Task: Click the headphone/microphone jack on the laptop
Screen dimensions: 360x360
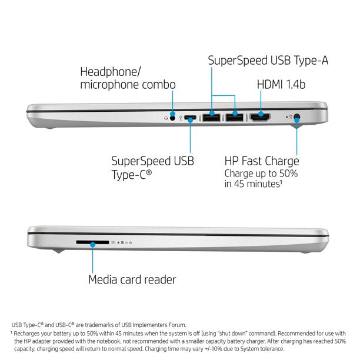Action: pos(172,118)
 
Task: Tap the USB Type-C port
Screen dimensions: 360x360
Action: pos(190,118)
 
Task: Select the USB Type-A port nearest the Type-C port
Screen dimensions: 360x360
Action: pos(211,118)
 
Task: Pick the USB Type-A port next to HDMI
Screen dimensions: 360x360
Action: pos(235,117)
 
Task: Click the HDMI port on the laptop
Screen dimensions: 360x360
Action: pos(260,117)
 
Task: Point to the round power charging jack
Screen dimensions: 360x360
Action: pos(297,116)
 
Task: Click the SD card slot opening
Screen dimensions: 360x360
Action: pos(92,242)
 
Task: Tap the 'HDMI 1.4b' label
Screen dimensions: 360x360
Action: pos(281,85)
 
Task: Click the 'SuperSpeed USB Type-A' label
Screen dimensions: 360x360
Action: pos(268,61)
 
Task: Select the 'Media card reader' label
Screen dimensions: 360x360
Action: pos(132,279)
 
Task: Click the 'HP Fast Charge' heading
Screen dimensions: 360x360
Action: pos(262,161)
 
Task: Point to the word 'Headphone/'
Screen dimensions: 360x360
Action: pos(110,72)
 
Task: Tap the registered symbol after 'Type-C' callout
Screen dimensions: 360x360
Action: pos(149,172)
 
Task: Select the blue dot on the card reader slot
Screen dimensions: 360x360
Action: pos(92,245)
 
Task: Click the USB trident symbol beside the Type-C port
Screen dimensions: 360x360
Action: pos(181,118)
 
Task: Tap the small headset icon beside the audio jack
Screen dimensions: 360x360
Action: pos(166,118)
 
